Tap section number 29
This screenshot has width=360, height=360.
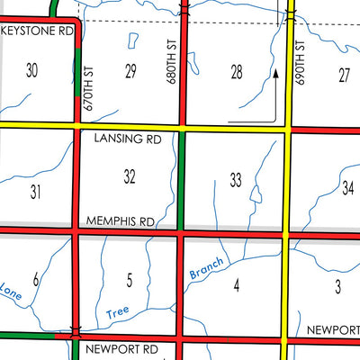[x=130, y=71]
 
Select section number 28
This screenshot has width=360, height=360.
[x=237, y=72]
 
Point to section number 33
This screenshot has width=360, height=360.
[x=236, y=181]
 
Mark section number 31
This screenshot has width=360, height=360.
[x=36, y=191]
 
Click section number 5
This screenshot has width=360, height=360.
[x=130, y=282]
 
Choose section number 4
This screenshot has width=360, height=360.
[x=236, y=286]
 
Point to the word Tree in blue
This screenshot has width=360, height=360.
[x=118, y=313]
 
